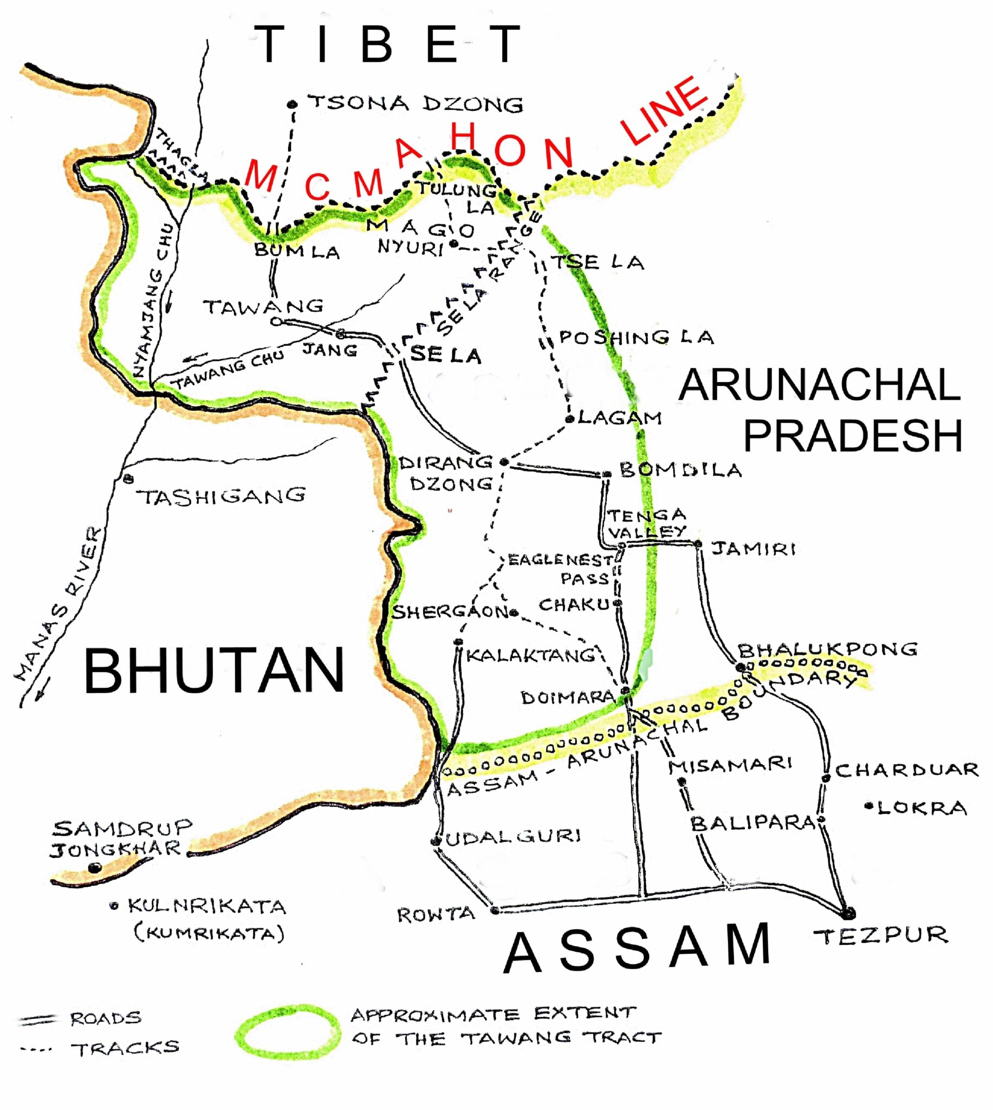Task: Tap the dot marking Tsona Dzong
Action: (x=293, y=104)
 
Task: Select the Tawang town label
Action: (x=263, y=307)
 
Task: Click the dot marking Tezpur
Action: (x=847, y=913)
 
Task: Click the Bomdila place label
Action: (x=680, y=470)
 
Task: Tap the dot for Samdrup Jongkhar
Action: (x=95, y=867)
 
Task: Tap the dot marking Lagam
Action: (x=569, y=419)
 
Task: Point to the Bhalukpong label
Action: (x=827, y=649)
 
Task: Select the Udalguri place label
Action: (x=513, y=836)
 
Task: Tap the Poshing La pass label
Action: (x=636, y=337)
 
